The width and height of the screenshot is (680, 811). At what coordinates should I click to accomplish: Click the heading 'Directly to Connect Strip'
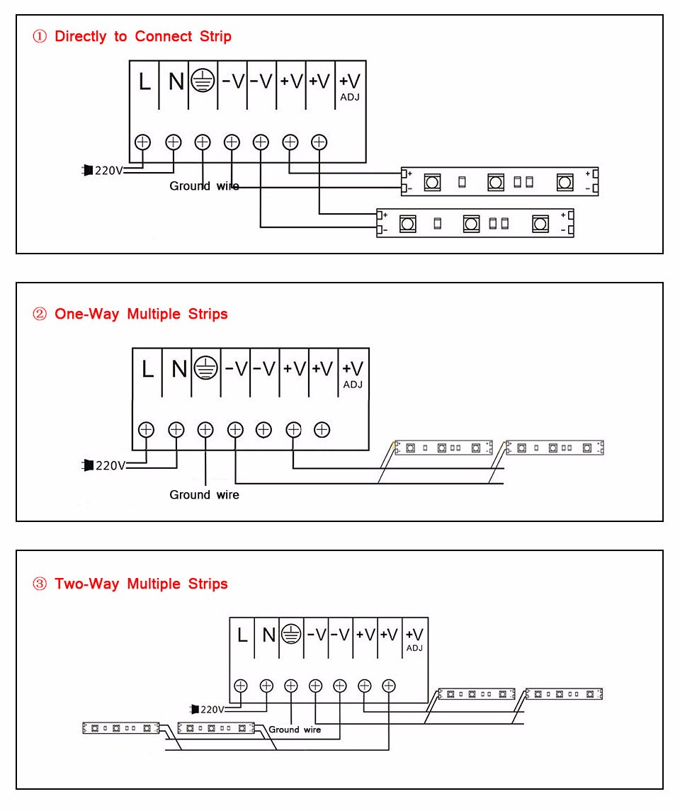tap(142, 36)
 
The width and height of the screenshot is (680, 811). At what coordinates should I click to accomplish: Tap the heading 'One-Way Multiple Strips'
tap(141, 314)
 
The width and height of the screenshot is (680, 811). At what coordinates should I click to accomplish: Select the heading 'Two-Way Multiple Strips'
tap(141, 584)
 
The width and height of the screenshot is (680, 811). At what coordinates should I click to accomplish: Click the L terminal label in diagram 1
tap(144, 82)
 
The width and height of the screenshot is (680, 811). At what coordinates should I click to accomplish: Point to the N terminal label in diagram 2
tap(179, 369)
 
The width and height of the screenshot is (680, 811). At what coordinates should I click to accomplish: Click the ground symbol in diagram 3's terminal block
tap(291, 635)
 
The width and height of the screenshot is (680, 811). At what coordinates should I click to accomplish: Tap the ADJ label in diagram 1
tap(350, 97)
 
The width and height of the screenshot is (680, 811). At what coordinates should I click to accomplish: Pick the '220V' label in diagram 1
tap(109, 170)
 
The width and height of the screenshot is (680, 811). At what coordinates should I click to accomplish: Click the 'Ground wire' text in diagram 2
tap(204, 494)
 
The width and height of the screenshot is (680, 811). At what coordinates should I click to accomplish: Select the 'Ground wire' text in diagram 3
tap(294, 729)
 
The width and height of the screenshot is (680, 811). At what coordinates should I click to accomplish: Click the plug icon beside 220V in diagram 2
tap(89, 465)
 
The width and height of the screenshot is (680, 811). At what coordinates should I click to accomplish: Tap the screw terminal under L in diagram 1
tap(143, 142)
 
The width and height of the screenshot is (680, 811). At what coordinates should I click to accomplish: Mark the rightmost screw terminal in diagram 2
tap(322, 429)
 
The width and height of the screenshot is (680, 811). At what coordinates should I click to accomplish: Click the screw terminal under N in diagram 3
tap(266, 685)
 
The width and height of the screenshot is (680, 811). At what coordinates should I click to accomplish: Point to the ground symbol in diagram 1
tap(203, 81)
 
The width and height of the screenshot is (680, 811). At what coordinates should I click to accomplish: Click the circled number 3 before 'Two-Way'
tap(40, 584)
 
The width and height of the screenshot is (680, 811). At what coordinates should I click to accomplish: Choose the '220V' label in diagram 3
tap(212, 709)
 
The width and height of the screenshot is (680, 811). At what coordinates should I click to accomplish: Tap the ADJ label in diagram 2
tap(353, 385)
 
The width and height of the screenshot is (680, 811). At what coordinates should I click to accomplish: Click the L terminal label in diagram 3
tap(242, 635)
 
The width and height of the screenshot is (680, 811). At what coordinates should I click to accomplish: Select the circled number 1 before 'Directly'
tap(40, 37)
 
